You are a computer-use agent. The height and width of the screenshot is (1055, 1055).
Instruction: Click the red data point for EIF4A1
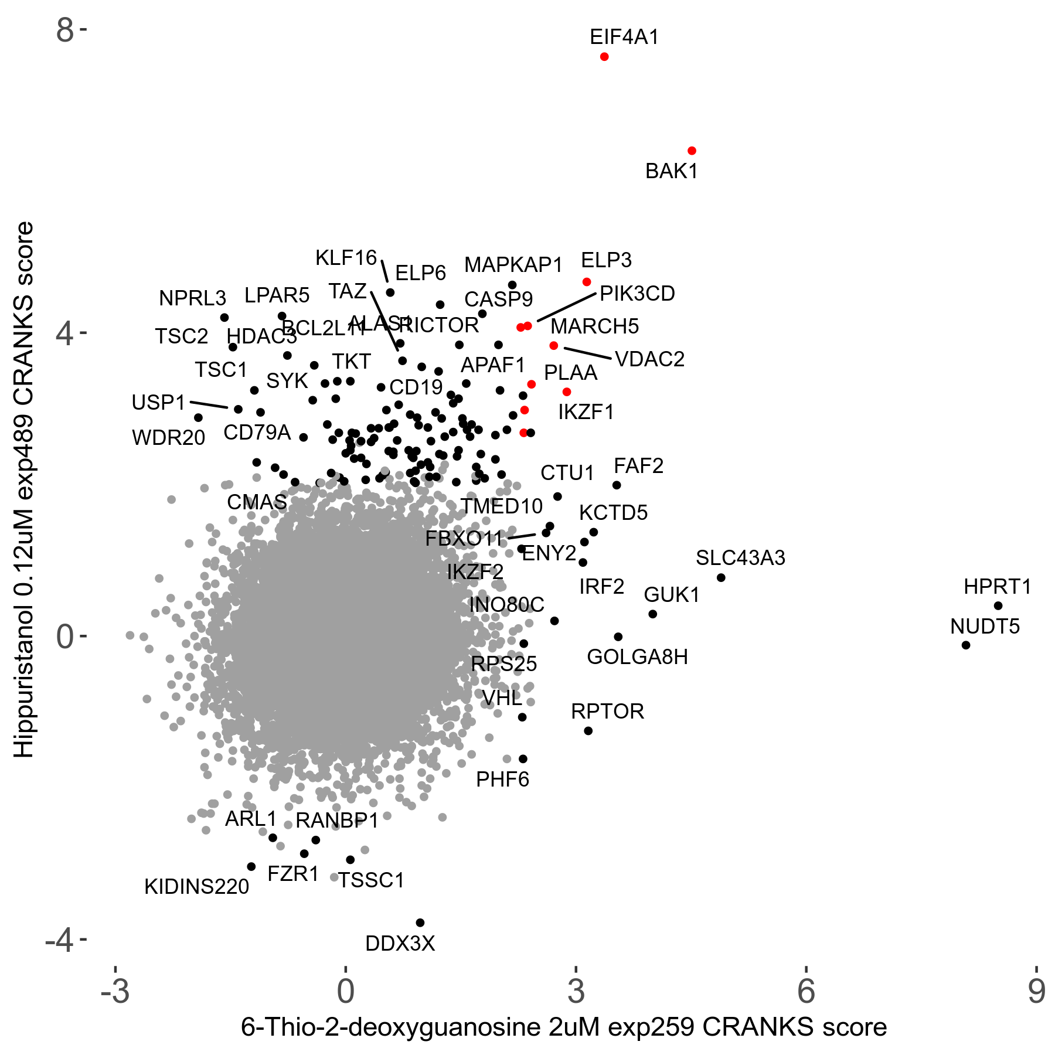604,57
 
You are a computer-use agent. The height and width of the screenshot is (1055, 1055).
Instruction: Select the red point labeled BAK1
692,151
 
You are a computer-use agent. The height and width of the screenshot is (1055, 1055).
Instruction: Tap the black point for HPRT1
998,605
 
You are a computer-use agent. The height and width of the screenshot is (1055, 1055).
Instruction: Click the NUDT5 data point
966,645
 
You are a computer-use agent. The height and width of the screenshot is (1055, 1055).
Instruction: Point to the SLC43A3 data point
721,578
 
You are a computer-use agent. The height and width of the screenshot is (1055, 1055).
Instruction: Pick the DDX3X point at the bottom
420,923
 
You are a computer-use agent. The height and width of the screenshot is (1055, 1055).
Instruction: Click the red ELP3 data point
587,282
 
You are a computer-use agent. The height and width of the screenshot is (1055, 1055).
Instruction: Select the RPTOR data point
588,731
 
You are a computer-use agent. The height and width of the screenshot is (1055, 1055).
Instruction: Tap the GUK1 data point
653,614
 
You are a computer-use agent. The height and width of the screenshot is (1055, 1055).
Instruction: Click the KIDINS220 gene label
197,887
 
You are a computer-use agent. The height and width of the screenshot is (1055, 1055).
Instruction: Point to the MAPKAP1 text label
513,265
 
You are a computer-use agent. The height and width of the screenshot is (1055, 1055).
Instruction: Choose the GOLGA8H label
637,657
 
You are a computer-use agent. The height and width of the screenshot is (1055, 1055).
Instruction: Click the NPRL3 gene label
192,298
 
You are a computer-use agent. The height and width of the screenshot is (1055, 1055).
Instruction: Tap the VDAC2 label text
650,359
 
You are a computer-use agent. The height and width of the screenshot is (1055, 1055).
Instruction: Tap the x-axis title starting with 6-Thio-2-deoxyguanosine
563,1027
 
